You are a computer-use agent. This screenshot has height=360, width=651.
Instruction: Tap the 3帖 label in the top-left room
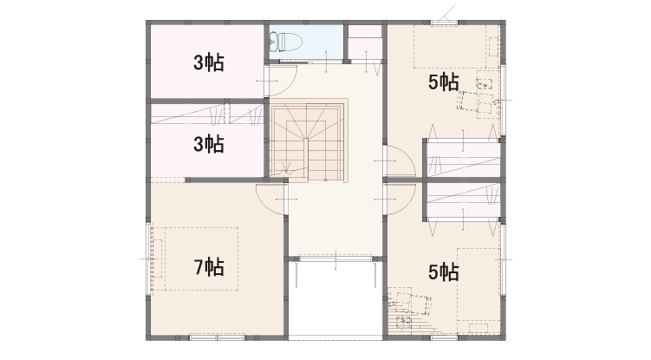209,62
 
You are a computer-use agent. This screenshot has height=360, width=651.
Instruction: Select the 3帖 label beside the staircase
209,144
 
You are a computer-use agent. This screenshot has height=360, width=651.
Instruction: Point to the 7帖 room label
209,267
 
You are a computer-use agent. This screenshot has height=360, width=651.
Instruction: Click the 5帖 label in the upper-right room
444,82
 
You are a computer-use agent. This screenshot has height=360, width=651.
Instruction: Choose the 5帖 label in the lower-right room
444,272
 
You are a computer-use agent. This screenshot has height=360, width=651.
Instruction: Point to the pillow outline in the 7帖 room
158,259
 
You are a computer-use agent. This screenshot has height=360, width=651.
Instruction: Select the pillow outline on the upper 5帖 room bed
493,47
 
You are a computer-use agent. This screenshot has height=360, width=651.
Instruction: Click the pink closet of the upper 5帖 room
463,160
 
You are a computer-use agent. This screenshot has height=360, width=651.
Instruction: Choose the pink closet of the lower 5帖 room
463,200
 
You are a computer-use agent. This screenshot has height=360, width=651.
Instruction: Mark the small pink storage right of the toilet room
365,43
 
